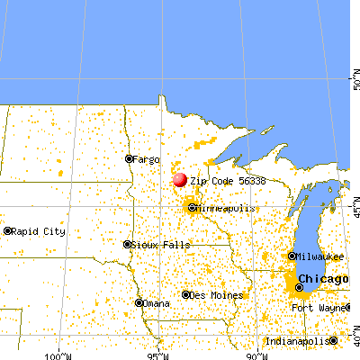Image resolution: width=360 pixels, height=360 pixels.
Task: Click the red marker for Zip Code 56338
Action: (180, 179)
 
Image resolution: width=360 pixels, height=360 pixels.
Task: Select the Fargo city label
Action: (146, 159)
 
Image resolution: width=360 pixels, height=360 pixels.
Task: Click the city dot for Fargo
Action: (130, 159)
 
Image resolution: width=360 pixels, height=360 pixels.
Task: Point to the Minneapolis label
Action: (227, 208)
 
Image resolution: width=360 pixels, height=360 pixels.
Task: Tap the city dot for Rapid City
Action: (7, 231)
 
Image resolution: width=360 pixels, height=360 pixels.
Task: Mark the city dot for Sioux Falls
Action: (127, 244)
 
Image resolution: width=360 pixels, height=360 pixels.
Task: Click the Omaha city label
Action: (157, 303)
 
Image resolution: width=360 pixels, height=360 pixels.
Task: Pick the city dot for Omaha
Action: (140, 303)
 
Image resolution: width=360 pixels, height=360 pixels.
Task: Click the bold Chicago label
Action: (324, 279)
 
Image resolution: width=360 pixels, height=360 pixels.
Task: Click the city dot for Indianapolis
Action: (334, 341)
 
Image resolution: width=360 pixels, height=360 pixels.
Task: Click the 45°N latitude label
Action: (355, 210)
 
